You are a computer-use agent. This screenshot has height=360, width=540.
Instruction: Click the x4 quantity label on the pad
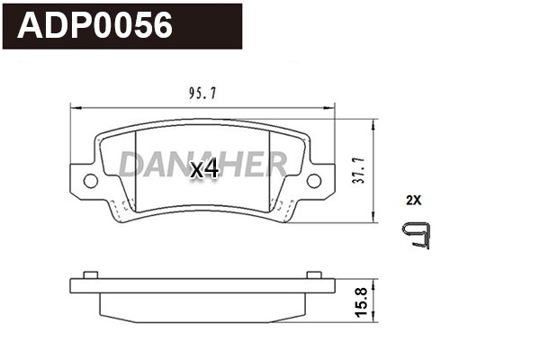click(204, 168)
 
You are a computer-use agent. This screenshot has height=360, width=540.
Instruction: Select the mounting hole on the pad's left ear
click(91, 181)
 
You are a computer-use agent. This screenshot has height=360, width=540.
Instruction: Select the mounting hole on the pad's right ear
click(313, 181)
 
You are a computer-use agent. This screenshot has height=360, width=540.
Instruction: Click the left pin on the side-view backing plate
click(88, 274)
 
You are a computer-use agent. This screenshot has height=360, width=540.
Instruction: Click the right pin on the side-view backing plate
click(313, 274)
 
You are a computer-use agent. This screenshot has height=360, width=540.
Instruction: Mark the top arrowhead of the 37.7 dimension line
click(374, 122)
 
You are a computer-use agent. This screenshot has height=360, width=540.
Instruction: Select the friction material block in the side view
click(202, 306)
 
